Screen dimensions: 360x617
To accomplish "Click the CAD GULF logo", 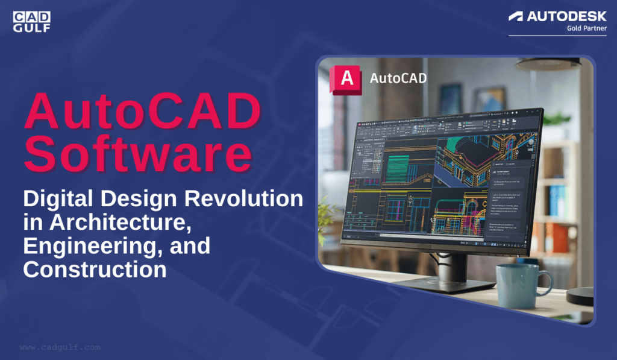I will click(31, 21).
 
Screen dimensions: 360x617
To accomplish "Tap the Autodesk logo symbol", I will click(516, 16).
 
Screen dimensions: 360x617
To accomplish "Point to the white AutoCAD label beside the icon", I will click(398, 78).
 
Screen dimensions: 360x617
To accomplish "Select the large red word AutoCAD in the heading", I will click(143, 113).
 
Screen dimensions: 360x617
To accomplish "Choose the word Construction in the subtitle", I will click(95, 269).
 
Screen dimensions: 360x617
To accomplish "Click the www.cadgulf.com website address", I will click(60, 347).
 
